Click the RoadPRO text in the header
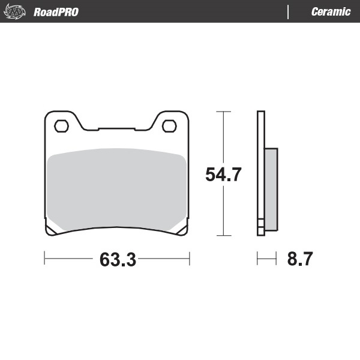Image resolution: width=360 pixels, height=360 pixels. [x=56, y=12]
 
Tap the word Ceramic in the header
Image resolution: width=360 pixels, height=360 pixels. [x=331, y=12]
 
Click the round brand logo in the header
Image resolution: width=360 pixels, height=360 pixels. [x=17, y=11]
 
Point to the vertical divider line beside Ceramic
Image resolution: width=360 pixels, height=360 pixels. [x=289, y=12]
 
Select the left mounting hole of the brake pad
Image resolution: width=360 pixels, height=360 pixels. [x=61, y=126]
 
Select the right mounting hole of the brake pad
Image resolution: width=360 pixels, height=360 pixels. [x=170, y=126]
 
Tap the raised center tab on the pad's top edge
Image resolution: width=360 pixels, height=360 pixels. [x=116, y=128]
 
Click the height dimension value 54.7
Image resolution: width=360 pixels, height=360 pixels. [x=223, y=175]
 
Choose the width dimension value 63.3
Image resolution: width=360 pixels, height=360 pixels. [x=118, y=260]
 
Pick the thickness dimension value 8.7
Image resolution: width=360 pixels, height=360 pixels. [x=300, y=260]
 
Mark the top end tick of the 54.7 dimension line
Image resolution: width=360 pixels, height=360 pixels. [x=223, y=112]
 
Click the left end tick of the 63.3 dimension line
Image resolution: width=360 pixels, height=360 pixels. [x=45, y=259]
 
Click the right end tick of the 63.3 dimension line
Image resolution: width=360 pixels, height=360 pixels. [x=190, y=259]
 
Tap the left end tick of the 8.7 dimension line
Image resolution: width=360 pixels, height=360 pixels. [x=257, y=259]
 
